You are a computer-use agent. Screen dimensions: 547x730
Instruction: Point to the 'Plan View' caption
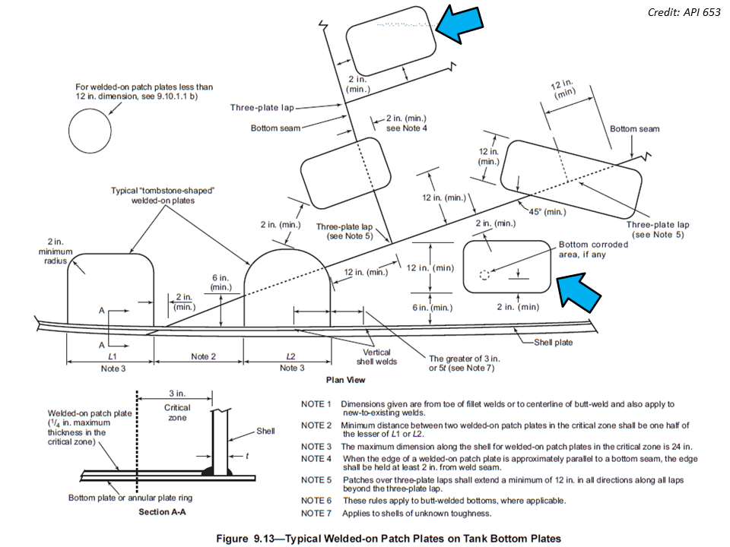click(x=346, y=379)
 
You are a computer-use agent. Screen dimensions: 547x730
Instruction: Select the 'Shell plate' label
click(x=553, y=343)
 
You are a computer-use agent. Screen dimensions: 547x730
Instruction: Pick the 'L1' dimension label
click(x=112, y=356)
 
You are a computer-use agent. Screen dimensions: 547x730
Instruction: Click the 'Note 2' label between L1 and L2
click(x=204, y=356)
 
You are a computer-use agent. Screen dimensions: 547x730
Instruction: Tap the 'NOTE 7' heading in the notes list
click(x=316, y=514)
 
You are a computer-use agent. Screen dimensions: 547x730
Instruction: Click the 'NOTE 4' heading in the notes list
click(x=316, y=459)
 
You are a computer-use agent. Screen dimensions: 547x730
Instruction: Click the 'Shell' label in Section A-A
click(x=265, y=431)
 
